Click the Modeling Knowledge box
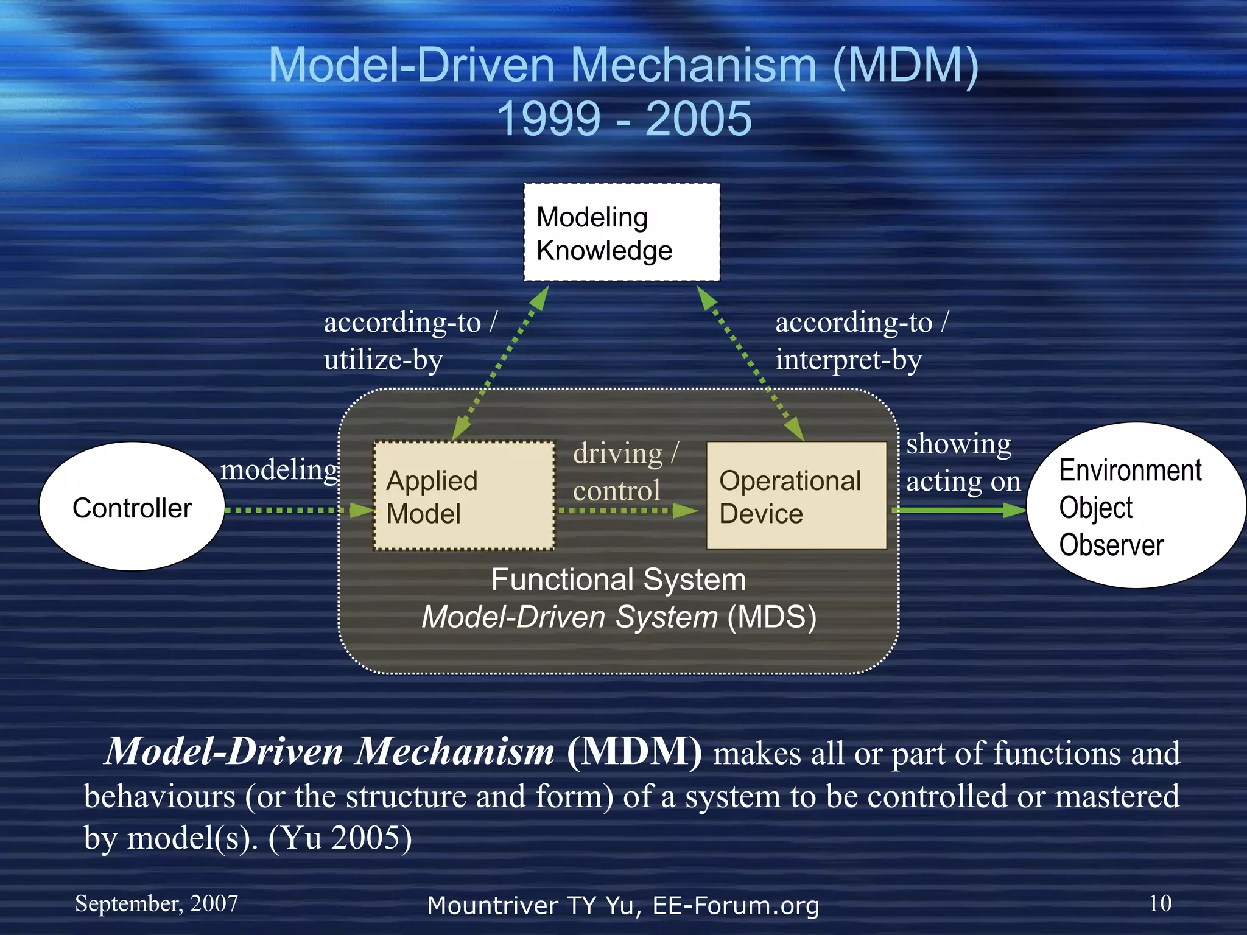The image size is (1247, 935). pos(622,233)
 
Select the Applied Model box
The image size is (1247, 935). pos(463,496)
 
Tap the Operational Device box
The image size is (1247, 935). pos(796,496)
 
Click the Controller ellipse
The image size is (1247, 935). pos(132,507)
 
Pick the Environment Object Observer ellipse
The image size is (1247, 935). pos(1135,506)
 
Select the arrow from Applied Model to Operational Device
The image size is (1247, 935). pos(627,510)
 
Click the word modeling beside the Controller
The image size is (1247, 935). pos(279,470)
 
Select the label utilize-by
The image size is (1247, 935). pos(383,360)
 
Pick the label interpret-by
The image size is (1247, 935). pos(848,360)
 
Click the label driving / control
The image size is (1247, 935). pos(623,472)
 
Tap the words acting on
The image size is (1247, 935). pos(963,482)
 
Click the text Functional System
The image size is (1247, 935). pos(618,580)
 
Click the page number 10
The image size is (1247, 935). pos(1159,903)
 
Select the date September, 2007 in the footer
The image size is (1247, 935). pos(156,904)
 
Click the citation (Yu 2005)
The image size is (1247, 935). pos(340,839)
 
